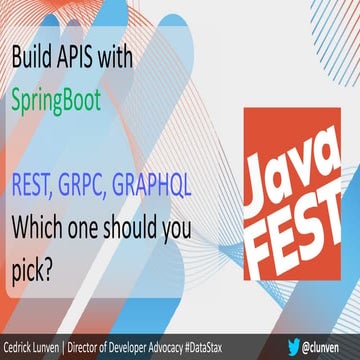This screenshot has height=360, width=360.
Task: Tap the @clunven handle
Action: pyautogui.click(x=325, y=348)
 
